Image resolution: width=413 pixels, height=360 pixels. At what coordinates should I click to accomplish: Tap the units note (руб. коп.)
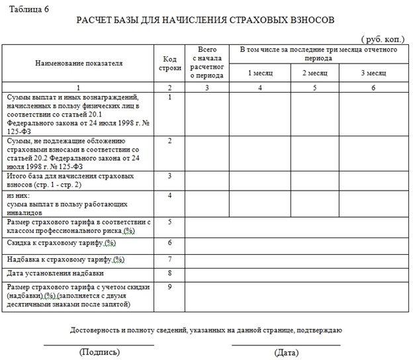(382, 39)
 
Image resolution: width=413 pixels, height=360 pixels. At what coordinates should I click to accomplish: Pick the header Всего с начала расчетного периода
(207, 63)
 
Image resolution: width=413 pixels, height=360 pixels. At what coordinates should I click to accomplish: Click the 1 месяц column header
(260, 71)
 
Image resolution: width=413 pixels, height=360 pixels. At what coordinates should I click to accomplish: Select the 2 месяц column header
(315, 71)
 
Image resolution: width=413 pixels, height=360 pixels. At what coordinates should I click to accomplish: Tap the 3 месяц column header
(373, 71)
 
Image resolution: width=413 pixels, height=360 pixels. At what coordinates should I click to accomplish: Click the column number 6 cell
(373, 87)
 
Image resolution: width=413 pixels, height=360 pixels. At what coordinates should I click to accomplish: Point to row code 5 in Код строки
(170, 222)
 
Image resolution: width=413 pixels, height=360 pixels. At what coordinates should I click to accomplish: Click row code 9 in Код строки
(170, 287)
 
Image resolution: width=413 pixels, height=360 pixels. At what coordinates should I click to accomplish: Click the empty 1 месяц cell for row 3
(260, 181)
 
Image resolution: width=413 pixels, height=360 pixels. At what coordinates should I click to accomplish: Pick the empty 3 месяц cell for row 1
(373, 114)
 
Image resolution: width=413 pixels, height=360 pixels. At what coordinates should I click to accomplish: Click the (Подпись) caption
(99, 352)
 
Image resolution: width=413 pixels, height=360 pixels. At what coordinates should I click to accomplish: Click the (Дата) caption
(286, 352)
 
